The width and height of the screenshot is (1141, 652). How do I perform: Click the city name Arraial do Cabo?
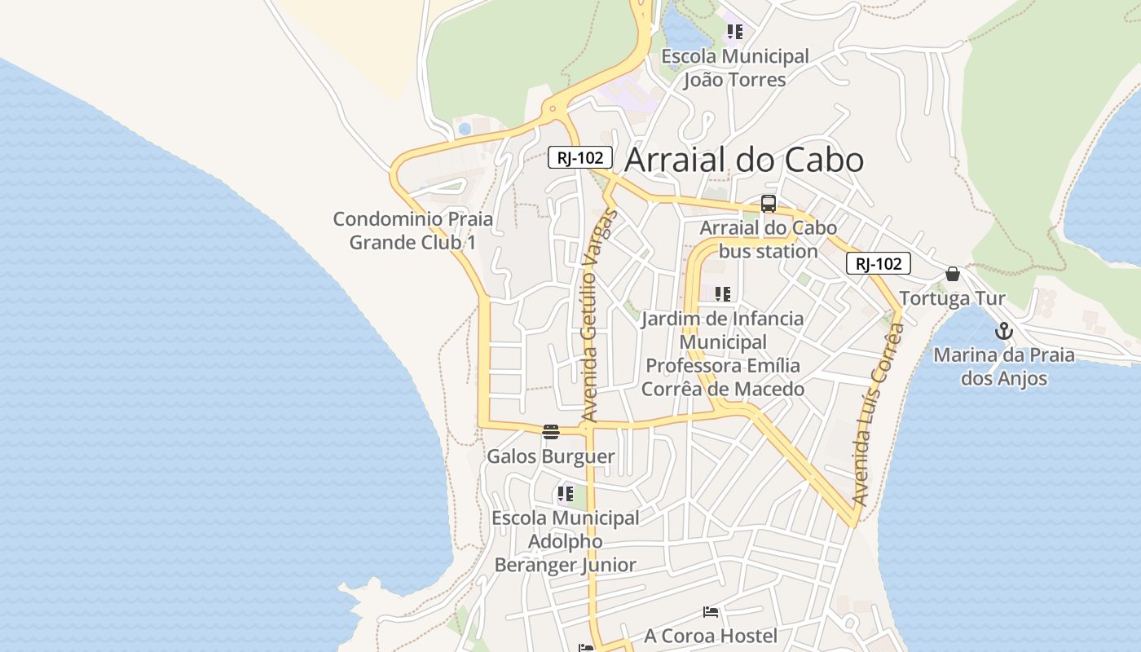pos(743,160)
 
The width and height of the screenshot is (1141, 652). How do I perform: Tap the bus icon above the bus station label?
pos(768,204)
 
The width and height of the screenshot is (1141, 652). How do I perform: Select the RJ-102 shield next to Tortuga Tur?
pos(878,263)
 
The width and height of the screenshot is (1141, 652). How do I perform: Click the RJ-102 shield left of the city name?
pos(579,157)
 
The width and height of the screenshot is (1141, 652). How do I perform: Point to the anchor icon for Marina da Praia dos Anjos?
pos(1004,331)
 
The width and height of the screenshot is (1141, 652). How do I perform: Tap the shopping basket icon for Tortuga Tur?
pos(952,274)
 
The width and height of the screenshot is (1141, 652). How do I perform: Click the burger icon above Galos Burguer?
pos(551,432)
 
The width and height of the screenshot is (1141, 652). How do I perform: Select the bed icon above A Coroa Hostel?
pos(711,611)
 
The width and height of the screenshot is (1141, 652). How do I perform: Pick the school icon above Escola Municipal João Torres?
pos(735,32)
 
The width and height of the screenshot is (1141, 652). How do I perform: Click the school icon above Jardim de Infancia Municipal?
pos(723,293)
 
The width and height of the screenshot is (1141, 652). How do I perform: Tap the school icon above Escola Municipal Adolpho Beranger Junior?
pos(566,493)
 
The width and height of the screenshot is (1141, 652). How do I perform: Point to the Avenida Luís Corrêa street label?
pos(877,414)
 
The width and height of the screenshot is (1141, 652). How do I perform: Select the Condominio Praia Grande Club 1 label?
pos(413,231)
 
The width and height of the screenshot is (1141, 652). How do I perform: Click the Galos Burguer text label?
pos(550,456)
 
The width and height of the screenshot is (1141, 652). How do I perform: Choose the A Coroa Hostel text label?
pos(711,636)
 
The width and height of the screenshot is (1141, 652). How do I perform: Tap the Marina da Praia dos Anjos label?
pos(1003,367)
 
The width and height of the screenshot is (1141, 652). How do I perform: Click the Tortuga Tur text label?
pos(952,298)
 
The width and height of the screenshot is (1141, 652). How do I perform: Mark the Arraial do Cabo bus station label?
pos(768,240)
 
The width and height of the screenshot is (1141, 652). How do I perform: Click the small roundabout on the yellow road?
pos(553,108)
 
